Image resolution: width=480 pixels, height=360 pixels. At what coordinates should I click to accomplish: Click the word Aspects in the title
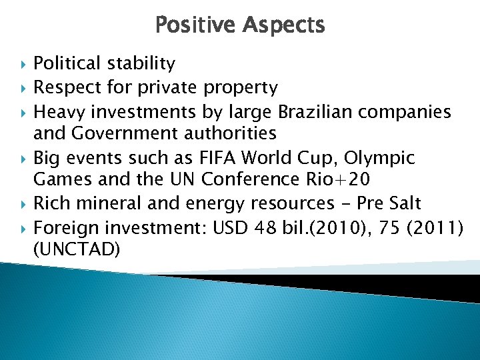point(284,25)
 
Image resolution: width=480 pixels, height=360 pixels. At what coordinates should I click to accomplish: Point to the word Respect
point(63,87)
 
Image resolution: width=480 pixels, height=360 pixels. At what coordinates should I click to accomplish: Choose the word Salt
point(399,203)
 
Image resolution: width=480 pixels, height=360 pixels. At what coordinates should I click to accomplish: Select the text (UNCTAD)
point(77,249)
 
